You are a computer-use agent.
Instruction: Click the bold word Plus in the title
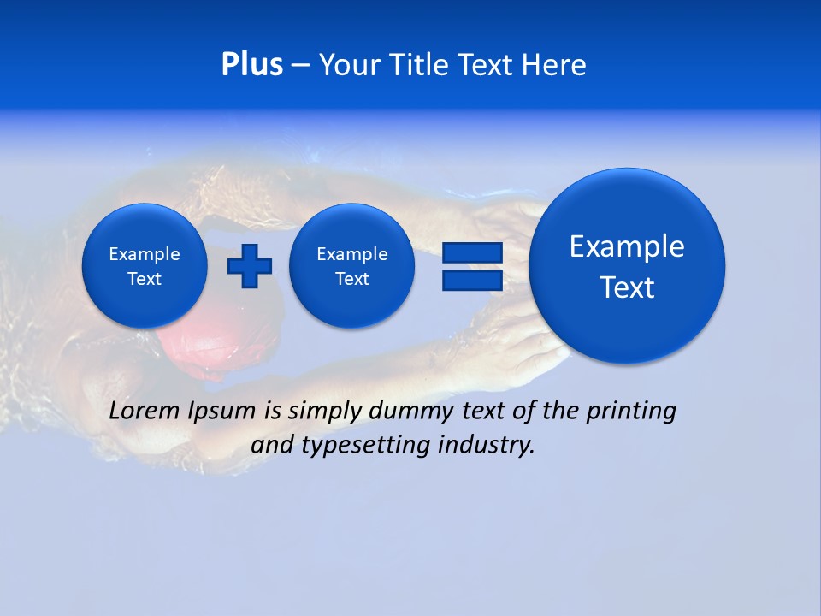pos(251,65)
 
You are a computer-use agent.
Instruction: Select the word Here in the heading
pos(553,65)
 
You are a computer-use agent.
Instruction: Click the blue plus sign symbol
pos(250,266)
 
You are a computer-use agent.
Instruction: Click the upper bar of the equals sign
pos(472,252)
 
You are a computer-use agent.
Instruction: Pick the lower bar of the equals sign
pos(472,280)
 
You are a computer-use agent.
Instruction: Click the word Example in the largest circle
pos(627,246)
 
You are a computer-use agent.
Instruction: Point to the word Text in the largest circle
pos(627,287)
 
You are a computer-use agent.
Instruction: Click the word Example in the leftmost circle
pos(145,254)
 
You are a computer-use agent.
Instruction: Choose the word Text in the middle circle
pos(352,279)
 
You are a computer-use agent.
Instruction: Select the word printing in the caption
pos(631,411)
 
